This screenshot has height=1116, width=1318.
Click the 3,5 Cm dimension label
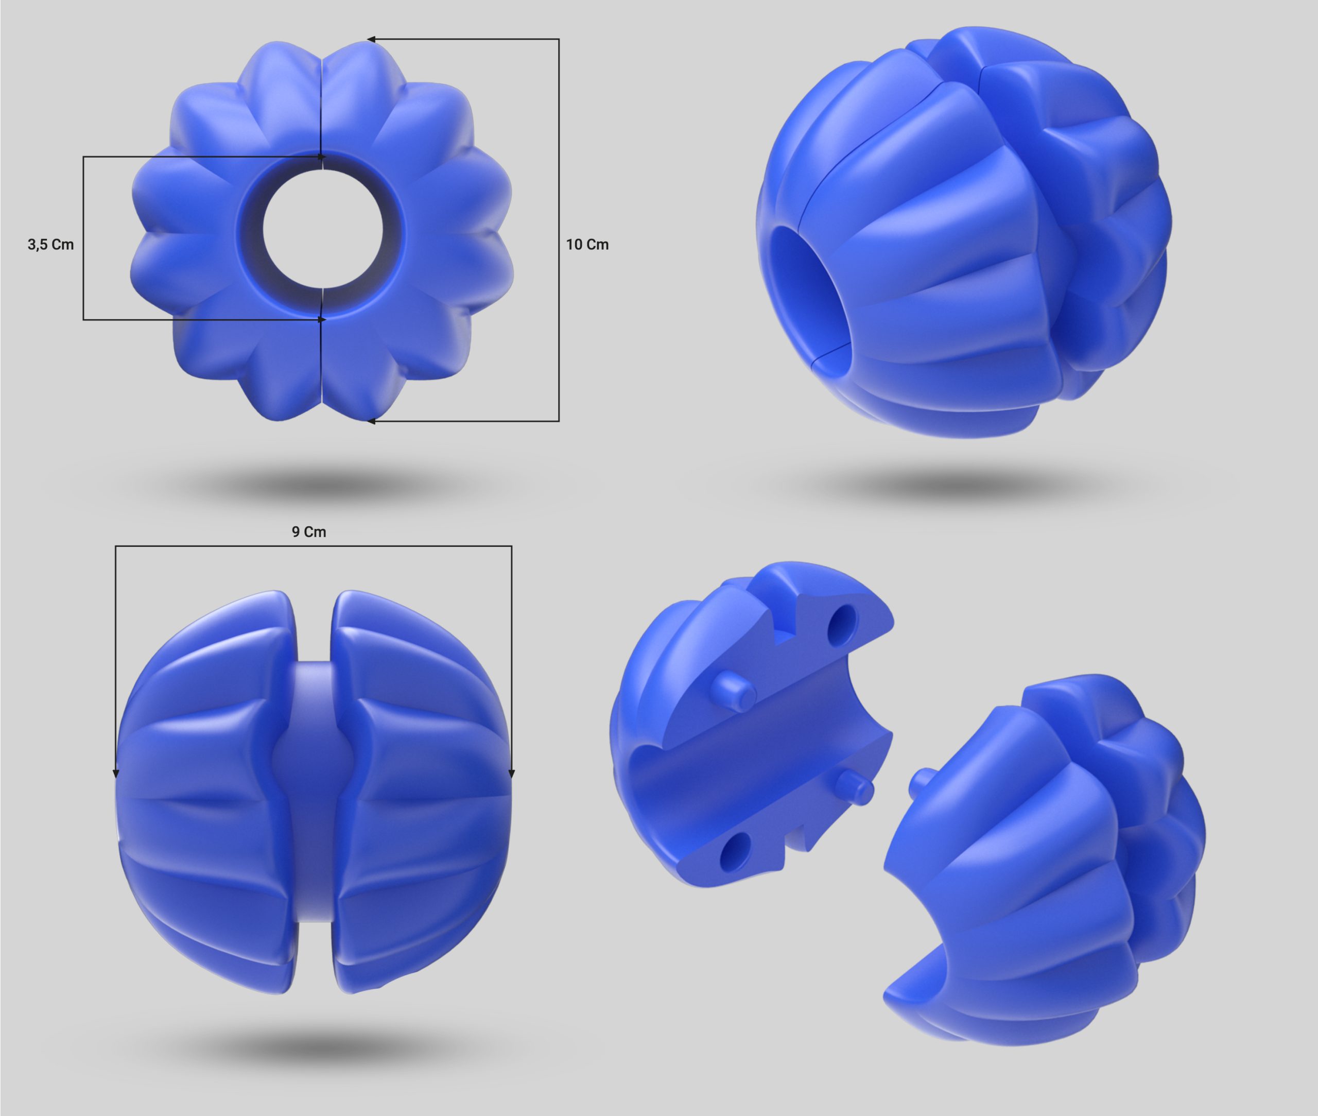(50, 244)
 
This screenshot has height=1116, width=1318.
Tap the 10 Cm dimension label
(587, 244)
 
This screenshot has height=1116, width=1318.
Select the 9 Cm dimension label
(308, 532)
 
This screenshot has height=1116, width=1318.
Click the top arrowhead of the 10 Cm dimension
(372, 39)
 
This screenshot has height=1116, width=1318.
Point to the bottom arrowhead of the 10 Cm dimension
(372, 421)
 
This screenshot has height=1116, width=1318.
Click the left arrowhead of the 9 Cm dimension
(116, 773)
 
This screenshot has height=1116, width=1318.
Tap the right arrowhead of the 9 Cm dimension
(512, 773)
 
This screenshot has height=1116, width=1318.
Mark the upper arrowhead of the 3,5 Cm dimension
(322, 157)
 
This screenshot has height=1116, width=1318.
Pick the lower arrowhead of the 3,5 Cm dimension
(322, 319)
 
